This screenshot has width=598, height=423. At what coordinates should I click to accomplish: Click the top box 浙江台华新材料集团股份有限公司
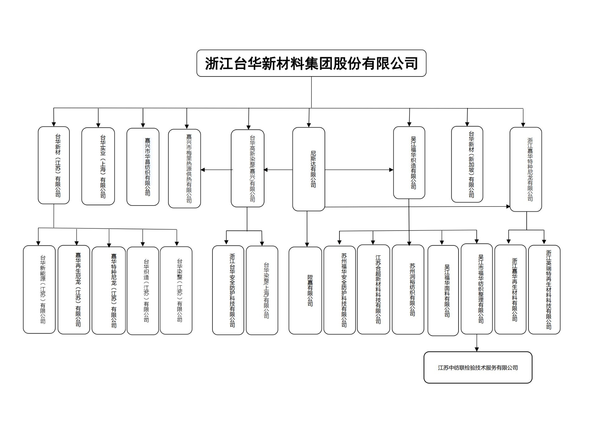tap(311, 63)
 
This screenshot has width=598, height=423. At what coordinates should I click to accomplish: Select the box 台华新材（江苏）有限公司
tap(54, 165)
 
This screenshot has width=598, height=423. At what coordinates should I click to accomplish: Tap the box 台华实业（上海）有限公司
tap(98, 166)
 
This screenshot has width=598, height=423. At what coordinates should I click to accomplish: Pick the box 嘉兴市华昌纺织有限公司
tap(143, 167)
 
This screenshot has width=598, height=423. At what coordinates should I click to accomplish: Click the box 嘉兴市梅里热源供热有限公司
tap(184, 168)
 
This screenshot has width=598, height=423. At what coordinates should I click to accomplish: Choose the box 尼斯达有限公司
tap(309, 169)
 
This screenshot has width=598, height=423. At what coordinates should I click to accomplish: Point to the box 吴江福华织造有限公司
tap(409, 163)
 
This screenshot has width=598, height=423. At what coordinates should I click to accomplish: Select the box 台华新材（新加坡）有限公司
tap(467, 164)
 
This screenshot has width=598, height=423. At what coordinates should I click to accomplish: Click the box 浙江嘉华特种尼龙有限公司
tap(526, 169)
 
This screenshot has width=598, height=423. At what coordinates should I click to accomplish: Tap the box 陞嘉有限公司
tap(305, 290)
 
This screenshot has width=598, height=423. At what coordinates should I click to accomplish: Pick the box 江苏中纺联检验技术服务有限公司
tap(478, 367)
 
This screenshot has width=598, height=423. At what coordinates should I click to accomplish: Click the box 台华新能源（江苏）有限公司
tap(39, 289)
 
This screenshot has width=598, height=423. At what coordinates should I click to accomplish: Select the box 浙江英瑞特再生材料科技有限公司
tap(544, 289)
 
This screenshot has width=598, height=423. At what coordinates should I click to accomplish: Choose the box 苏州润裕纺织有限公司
tap(408, 289)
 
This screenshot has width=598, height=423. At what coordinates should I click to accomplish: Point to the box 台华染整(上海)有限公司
tap(262, 290)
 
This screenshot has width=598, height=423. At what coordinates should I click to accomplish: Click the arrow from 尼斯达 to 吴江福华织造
tap(358, 170)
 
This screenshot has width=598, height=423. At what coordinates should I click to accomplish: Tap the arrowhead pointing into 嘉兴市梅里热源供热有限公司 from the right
tap(203, 170)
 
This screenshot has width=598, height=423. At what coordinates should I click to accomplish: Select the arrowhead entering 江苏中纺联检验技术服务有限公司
tap(477, 349)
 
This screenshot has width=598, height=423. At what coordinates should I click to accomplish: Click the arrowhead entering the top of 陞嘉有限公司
tap(307, 245)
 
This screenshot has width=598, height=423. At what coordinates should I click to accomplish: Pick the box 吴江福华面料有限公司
tap(443, 290)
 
